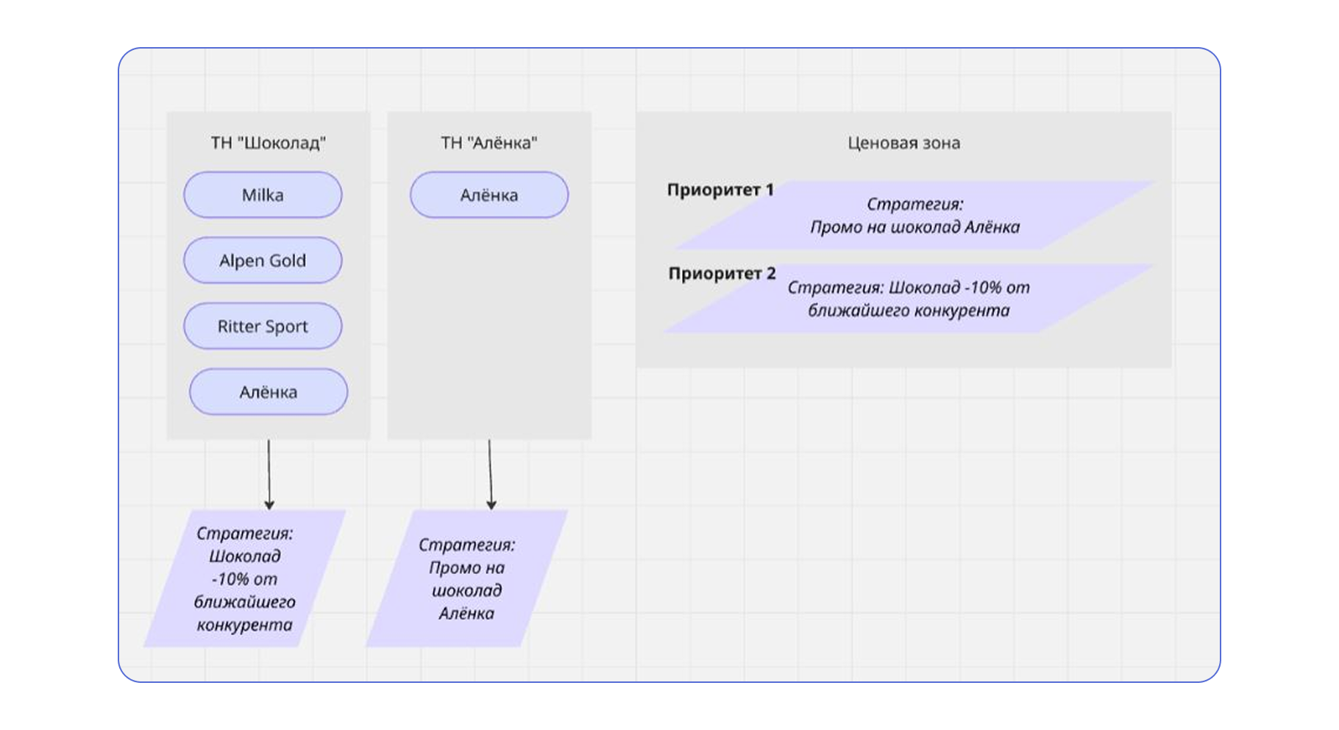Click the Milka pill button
click(x=263, y=195)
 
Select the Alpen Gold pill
click(x=263, y=261)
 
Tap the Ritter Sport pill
click(x=263, y=326)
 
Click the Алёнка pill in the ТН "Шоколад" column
click(x=269, y=391)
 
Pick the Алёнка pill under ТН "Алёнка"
click(x=489, y=195)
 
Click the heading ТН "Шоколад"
click(x=269, y=143)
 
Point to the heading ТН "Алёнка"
click(x=489, y=143)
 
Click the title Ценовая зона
click(x=903, y=143)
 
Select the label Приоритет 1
click(x=720, y=190)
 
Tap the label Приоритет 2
click(x=722, y=274)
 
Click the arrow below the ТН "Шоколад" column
click(x=269, y=475)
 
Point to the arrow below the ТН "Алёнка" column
click(x=490, y=475)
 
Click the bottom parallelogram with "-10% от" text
click(x=245, y=578)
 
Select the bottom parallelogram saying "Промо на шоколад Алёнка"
click(x=467, y=578)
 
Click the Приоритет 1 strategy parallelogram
click(x=914, y=215)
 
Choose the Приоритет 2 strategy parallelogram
click(x=909, y=299)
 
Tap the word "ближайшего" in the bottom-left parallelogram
click(x=245, y=602)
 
